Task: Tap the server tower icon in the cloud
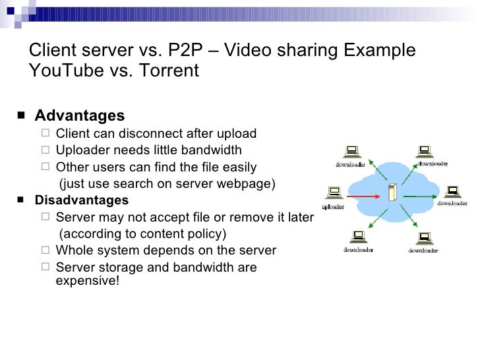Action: tap(394, 193)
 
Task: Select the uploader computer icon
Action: tap(334, 193)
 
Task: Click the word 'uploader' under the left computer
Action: tap(333, 206)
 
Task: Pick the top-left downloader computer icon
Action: tap(352, 150)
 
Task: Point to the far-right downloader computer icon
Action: tap(453, 191)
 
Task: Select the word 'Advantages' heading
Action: tap(79, 116)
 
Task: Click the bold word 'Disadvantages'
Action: tap(82, 200)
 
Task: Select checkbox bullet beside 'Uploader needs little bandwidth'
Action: tap(46, 150)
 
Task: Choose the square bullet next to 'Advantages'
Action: tap(23, 117)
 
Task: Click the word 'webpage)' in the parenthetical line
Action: tap(251, 183)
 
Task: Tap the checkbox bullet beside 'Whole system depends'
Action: tap(46, 251)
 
